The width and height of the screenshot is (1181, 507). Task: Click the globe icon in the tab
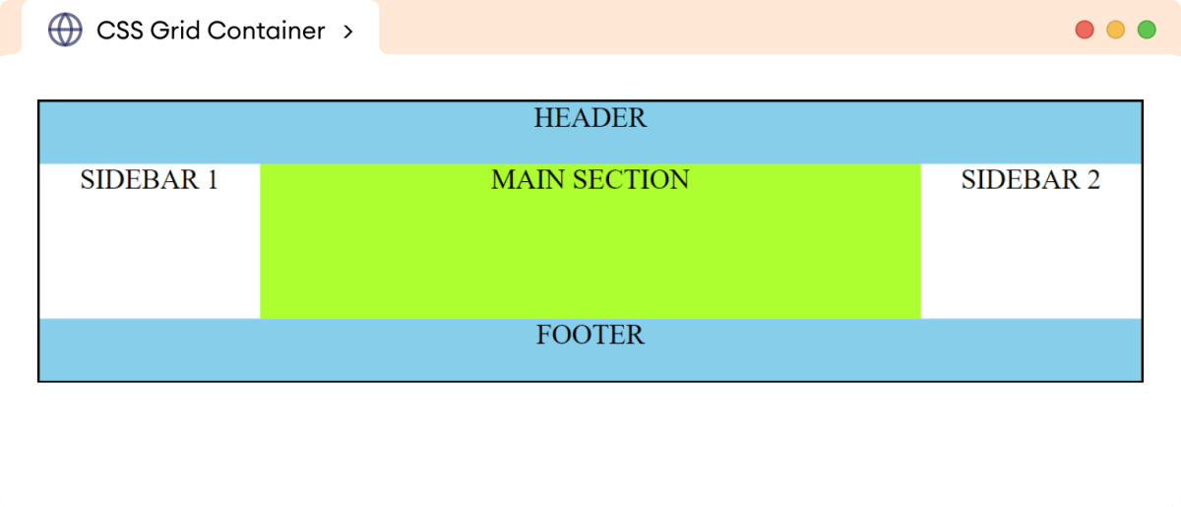click(x=65, y=31)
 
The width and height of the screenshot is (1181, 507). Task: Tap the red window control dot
click(x=1086, y=30)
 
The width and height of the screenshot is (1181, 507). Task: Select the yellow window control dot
click(x=1116, y=30)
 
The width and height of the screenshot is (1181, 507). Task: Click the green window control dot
click(x=1147, y=30)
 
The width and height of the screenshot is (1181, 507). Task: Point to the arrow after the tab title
click(x=348, y=32)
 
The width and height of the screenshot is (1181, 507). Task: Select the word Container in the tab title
click(x=266, y=32)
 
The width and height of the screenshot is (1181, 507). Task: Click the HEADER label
click(x=590, y=118)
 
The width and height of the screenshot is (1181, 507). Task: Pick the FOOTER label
click(x=590, y=335)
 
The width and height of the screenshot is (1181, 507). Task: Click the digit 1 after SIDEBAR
click(x=211, y=180)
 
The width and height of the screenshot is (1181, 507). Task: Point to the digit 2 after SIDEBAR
click(x=1092, y=180)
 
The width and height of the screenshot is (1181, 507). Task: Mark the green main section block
click(x=590, y=256)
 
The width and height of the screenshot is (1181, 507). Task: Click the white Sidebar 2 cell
click(x=1030, y=256)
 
